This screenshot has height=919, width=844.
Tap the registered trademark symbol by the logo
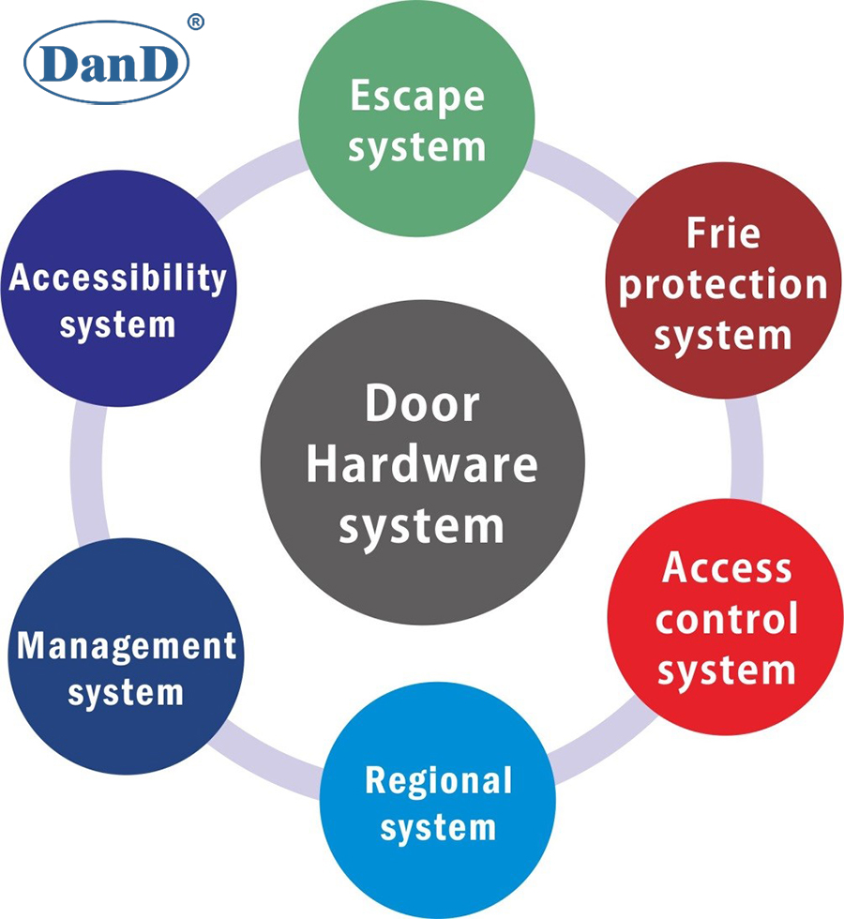(195, 22)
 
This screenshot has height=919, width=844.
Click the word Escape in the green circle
(417, 98)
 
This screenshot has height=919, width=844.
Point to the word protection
(722, 285)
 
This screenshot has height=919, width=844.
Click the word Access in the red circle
(727, 567)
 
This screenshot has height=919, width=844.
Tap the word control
(727, 620)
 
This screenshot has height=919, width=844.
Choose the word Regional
(438, 779)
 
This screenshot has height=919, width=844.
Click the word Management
(127, 645)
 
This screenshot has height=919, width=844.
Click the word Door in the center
(422, 405)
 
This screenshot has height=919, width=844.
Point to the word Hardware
(422, 466)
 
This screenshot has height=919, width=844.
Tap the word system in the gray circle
(422, 526)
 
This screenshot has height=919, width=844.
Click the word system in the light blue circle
(438, 828)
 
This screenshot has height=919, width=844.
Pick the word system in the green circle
(417, 147)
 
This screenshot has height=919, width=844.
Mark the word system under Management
(127, 694)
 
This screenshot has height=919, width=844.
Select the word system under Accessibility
(117, 325)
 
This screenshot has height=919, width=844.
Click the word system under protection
(722, 335)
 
